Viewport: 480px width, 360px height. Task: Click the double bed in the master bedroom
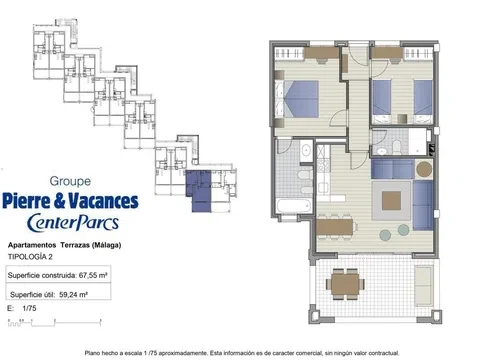click(x=297, y=99)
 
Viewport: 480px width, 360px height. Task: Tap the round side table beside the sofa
click(x=424, y=169)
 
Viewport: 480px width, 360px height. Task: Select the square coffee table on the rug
click(x=391, y=200)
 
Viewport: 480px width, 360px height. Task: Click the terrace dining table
click(x=345, y=284)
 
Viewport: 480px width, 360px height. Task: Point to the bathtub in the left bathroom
click(x=294, y=206)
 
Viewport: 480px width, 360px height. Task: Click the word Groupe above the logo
click(x=70, y=181)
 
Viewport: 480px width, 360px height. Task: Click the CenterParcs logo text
click(x=73, y=222)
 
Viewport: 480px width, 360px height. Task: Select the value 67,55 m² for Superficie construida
click(x=93, y=275)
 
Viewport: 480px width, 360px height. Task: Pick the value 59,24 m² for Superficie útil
click(x=73, y=295)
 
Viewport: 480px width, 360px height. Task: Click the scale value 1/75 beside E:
click(x=29, y=308)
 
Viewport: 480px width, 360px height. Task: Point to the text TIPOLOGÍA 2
click(x=30, y=257)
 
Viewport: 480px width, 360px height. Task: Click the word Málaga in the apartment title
click(x=106, y=245)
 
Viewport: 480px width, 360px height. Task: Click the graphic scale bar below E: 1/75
click(x=54, y=322)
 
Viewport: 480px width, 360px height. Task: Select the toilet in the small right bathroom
click(x=397, y=147)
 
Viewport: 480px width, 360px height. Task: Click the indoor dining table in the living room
click(x=335, y=227)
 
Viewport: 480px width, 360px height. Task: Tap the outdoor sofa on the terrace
click(x=424, y=286)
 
